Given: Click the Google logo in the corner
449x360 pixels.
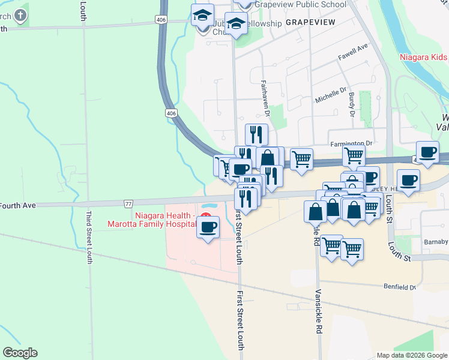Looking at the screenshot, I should pyautogui.click(x=20, y=353).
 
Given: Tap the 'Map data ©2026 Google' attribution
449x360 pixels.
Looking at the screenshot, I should pyautogui.click(x=412, y=355).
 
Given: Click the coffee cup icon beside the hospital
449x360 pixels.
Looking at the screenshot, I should pyautogui.click(x=208, y=227).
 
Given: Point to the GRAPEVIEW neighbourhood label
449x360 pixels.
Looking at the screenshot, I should pyautogui.click(x=309, y=22).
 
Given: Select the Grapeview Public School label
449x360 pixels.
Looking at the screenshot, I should pyautogui.click(x=300, y=4).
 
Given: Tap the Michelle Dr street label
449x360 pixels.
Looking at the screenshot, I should pyautogui.click(x=331, y=95).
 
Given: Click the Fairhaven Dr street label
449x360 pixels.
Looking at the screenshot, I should pyautogui.click(x=264, y=95).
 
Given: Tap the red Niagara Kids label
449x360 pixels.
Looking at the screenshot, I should pyautogui.click(x=424, y=58).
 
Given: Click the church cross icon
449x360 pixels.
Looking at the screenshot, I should pyautogui.click(x=20, y=14).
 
